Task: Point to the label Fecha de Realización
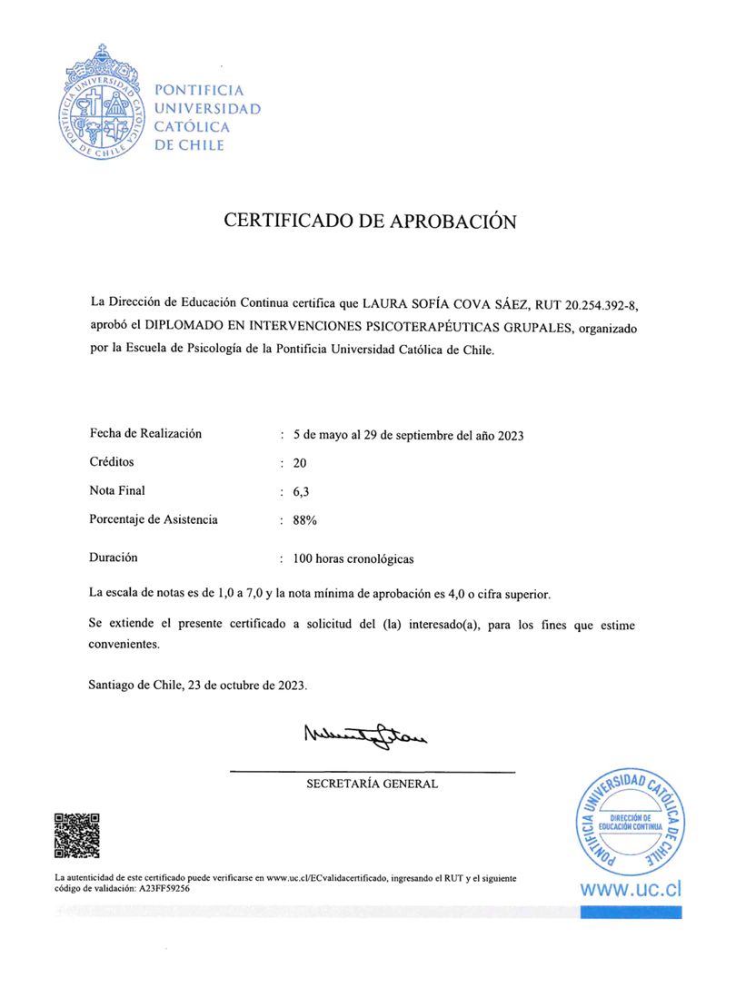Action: point(145,433)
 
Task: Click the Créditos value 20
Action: point(299,462)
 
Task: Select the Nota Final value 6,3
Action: point(301,491)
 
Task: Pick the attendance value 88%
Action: point(304,520)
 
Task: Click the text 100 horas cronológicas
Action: point(353,558)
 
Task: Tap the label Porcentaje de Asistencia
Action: point(154,519)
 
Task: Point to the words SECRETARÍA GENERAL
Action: point(372,784)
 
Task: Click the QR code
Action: point(76,835)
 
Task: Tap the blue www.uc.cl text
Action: point(631,889)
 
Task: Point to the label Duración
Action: point(114,558)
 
